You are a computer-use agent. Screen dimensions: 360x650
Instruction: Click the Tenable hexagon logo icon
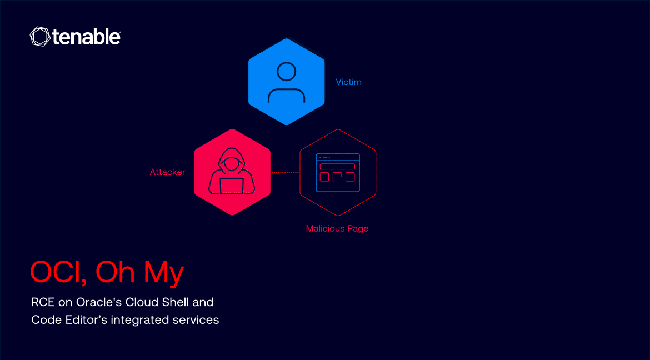[x=40, y=37]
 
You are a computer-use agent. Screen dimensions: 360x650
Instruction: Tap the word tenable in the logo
[x=86, y=37]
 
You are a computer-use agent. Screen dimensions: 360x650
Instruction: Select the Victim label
[x=348, y=82]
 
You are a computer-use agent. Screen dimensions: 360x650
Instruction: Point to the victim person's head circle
[x=286, y=72]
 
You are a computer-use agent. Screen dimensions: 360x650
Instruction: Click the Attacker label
[x=167, y=172]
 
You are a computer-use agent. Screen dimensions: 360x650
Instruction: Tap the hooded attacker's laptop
[x=232, y=186]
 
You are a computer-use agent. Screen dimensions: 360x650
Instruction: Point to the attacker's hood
[x=232, y=158]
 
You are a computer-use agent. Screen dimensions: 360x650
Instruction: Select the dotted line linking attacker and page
[x=285, y=173]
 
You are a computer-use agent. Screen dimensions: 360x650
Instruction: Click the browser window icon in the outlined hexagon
[x=338, y=173]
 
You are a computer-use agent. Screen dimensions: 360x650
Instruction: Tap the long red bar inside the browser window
[x=337, y=166]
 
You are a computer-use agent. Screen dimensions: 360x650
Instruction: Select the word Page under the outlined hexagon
[x=358, y=228]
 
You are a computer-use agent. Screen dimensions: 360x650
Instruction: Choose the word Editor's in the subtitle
[x=82, y=320]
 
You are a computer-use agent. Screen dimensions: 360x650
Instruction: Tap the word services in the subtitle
[x=197, y=320]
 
